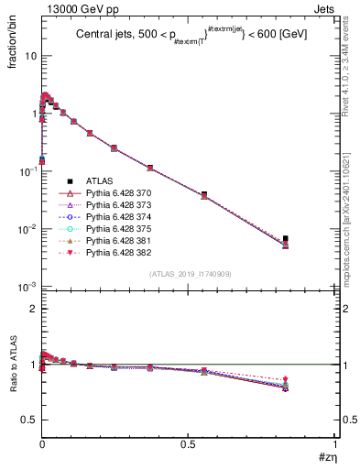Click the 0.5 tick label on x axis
tap(188, 446)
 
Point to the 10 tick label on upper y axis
tap(29, 56)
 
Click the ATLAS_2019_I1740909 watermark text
tap(189, 274)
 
